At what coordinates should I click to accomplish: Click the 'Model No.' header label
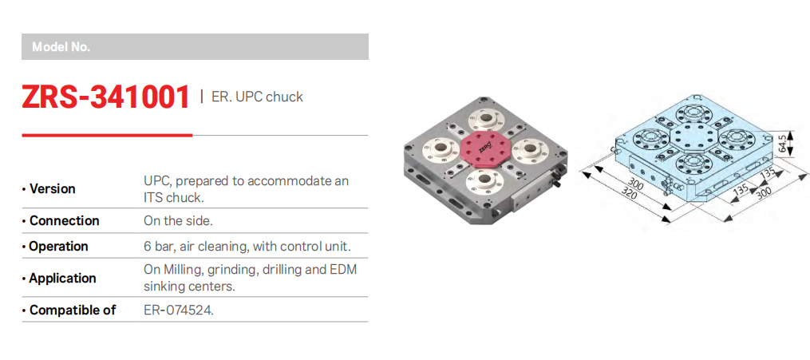(61, 47)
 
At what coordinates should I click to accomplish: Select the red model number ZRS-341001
(106, 97)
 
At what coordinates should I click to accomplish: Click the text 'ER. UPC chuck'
(257, 97)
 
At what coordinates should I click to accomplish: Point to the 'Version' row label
(52, 189)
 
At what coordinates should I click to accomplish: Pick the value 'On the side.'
(178, 221)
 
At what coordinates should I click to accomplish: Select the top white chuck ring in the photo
(484, 121)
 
